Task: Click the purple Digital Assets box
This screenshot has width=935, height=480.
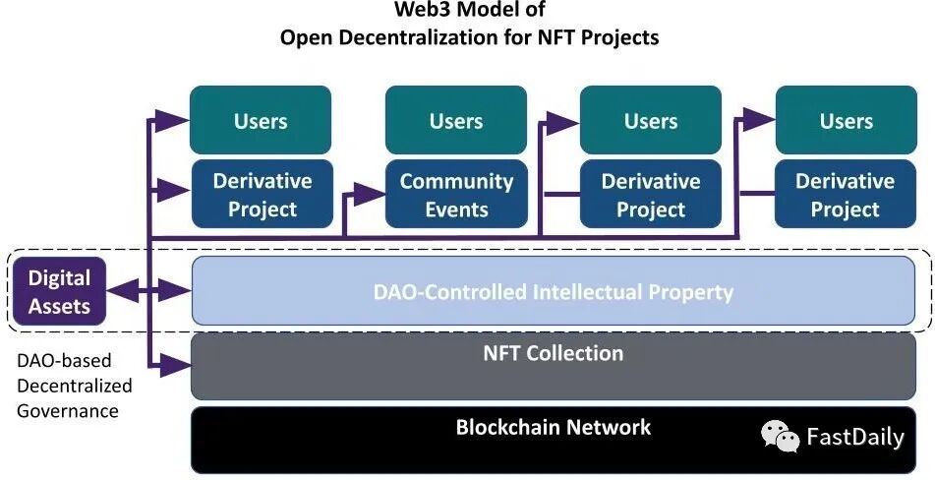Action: pyautogui.click(x=59, y=292)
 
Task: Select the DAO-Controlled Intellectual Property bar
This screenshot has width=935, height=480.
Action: pyautogui.click(x=554, y=291)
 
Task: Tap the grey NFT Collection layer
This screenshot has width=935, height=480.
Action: pyautogui.click(x=554, y=365)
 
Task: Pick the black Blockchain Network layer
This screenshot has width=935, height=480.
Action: pyautogui.click(x=554, y=439)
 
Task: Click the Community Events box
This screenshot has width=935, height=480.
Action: pyautogui.click(x=456, y=195)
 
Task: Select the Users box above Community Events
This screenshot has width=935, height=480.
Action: pyautogui.click(x=456, y=121)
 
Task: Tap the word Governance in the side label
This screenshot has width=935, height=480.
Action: pyautogui.click(x=68, y=410)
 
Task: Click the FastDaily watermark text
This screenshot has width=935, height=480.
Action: pyautogui.click(x=854, y=438)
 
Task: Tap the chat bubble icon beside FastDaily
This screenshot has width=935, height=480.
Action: pyautogui.click(x=782, y=436)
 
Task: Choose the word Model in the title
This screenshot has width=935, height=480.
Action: pyautogui.click(x=487, y=11)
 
